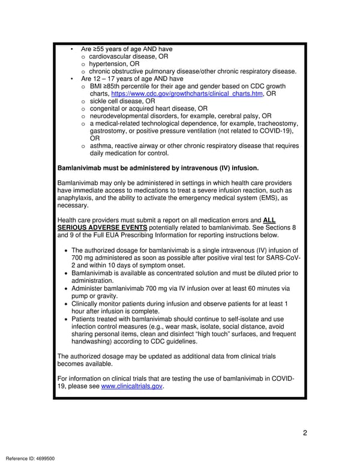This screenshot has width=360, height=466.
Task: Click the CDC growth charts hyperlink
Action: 187,94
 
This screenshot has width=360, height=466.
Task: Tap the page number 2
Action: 305,434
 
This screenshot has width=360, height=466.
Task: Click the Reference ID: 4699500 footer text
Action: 29,459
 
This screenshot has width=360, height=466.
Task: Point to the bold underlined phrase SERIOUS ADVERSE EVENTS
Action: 102,228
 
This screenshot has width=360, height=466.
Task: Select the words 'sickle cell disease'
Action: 116,101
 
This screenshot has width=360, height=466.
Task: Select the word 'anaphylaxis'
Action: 77,198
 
